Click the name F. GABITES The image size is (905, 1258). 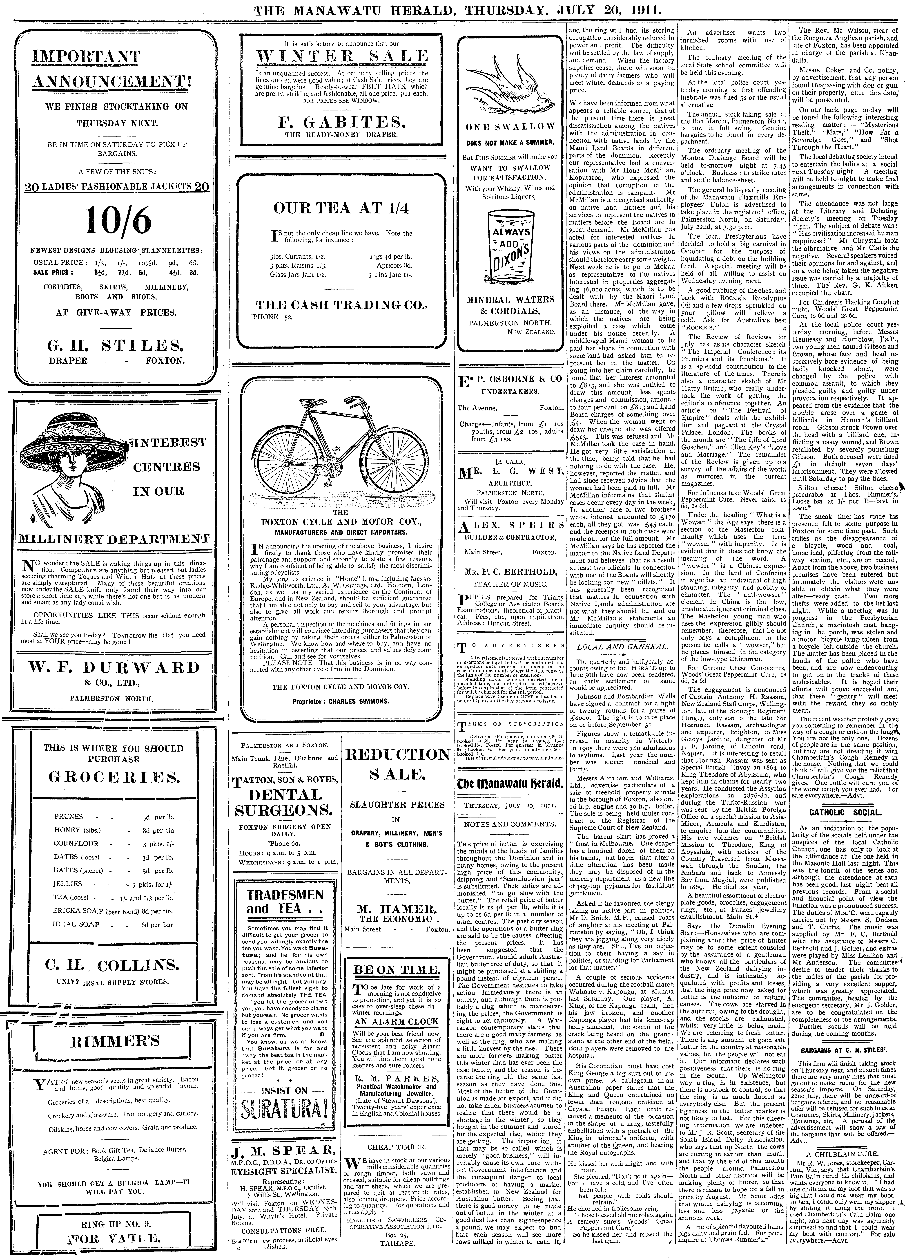pos(342,121)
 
